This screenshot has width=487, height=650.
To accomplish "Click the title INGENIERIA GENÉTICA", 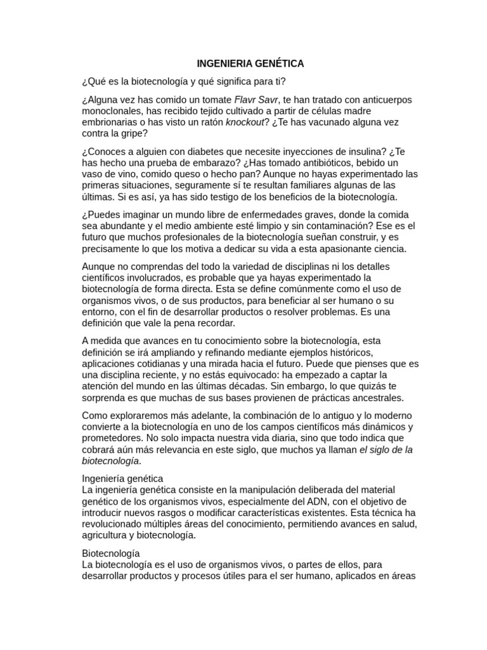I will pyautogui.click(x=250, y=63).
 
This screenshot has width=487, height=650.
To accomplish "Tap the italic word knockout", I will pyautogui.click(x=245, y=123).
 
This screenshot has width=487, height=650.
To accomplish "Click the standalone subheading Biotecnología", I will pyautogui.click(x=111, y=553).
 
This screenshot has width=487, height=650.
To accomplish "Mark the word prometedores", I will pyautogui.click(x=112, y=437).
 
